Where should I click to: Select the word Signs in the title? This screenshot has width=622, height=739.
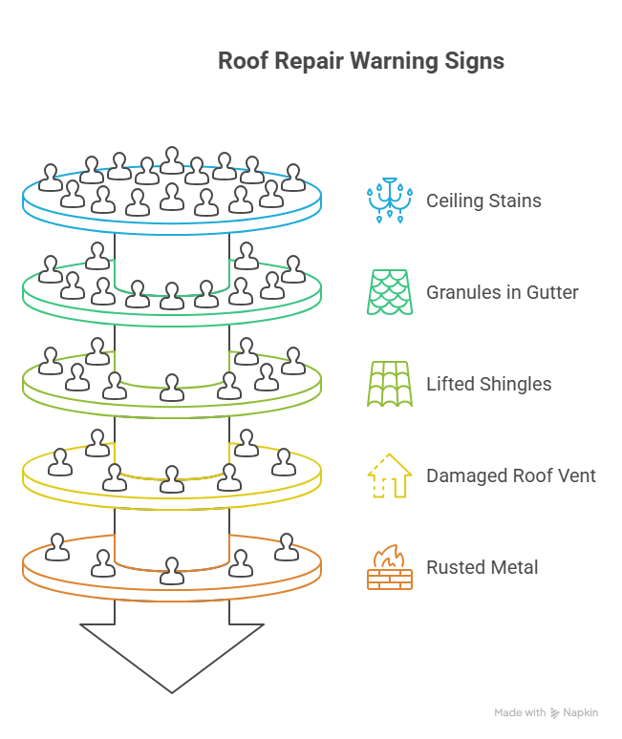tap(474, 61)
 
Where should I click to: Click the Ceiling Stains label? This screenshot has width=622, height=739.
tap(483, 201)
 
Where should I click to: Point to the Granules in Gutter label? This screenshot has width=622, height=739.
tap(502, 292)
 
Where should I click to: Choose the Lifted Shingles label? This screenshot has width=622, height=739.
tap(488, 384)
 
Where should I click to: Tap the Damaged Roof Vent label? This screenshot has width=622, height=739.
tap(510, 475)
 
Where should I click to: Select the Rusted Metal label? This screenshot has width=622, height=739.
tap(482, 567)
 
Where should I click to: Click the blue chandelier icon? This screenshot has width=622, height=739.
tap(390, 200)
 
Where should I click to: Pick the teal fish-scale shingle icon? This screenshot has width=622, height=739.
tap(390, 291)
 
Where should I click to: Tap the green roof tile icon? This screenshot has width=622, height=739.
tap(390, 384)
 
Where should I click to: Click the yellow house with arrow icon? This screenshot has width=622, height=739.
tap(390, 475)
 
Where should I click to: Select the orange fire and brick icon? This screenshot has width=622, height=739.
tap(390, 567)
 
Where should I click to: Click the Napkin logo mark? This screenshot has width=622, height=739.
tap(554, 713)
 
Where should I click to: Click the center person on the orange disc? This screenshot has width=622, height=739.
tap(172, 570)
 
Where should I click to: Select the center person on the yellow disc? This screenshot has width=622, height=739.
tap(172, 477)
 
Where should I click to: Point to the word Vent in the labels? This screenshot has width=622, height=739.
tap(576, 475)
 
